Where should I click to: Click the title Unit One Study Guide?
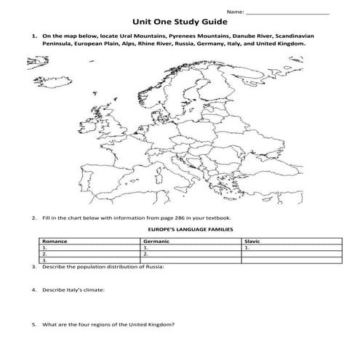179,22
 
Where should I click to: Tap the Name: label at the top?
234,11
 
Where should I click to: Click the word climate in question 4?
93,290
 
